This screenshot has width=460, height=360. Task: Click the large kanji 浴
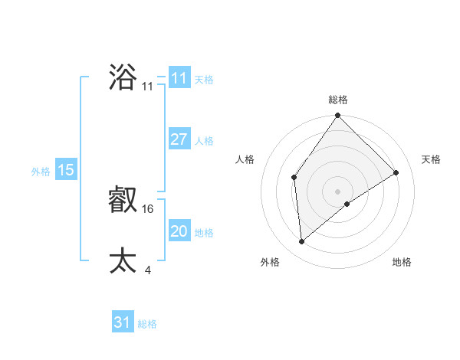123,77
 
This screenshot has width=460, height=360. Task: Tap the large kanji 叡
123,201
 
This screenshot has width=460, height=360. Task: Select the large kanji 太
123,260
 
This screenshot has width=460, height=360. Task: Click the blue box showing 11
179,77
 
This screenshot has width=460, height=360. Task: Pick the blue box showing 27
179,139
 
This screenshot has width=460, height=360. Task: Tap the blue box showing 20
179,231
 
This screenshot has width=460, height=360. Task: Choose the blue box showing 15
66,170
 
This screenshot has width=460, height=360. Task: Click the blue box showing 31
123,322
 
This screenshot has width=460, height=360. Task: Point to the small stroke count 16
149,208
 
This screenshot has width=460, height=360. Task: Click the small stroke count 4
147,270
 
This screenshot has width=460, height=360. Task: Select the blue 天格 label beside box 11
204,79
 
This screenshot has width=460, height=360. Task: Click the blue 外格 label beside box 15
41,172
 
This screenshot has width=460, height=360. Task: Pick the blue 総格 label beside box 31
147,324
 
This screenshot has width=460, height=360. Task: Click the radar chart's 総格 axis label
338,100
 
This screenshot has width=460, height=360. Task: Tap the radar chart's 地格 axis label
402,262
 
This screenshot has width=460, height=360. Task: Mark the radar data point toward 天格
396,172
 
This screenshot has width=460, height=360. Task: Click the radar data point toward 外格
302,241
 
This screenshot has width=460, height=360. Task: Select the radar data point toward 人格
294,178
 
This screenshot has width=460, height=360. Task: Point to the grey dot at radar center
338,191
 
